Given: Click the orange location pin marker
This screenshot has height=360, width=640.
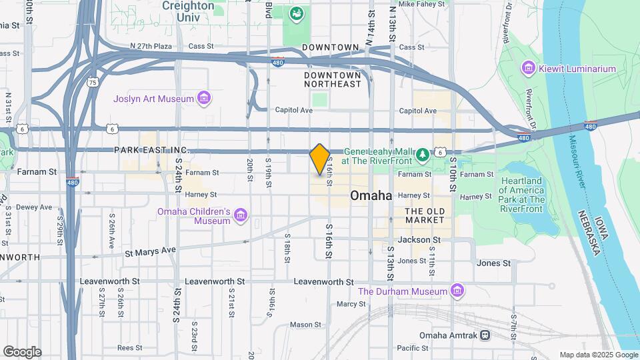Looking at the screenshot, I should tap(320, 159).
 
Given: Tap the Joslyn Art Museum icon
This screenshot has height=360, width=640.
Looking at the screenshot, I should tap(205, 99).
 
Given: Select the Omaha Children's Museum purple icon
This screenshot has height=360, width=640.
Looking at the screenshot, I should tap(241, 215).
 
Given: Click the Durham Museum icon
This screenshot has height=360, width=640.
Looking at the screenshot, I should tap(457, 291).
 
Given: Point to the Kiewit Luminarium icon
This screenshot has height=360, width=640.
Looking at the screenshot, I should tap(529, 68).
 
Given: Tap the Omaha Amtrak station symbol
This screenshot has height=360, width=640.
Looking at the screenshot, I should tap(485, 335).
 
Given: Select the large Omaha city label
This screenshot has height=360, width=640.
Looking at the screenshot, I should tap(371, 195).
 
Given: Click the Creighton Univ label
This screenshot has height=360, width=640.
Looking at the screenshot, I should tap(188, 11).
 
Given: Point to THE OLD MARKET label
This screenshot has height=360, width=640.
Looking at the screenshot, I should tap(425, 215).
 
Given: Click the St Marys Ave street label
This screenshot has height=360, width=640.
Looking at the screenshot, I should tap(151, 251).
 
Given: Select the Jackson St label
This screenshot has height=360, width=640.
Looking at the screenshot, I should tap(419, 239).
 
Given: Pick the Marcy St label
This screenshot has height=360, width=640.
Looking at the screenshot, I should tap(351, 304).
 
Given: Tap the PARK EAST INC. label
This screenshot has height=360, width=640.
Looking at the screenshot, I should tap(151, 151).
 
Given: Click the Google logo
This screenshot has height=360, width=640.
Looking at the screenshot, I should tap(22, 351).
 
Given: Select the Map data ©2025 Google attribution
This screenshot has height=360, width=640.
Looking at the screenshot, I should tap(598, 355).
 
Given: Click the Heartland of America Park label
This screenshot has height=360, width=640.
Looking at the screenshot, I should tap(522, 190).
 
